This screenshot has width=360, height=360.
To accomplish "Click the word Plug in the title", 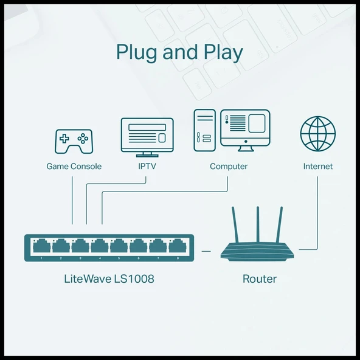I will (x=137, y=53).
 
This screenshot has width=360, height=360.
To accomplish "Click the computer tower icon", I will (x=204, y=130).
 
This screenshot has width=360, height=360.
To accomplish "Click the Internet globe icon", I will (x=317, y=133).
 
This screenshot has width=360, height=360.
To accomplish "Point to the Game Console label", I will (x=74, y=166).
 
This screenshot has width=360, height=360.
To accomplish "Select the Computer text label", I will (x=229, y=166).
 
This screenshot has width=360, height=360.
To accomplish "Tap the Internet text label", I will (x=318, y=166).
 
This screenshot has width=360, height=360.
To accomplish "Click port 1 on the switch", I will (x=41, y=246).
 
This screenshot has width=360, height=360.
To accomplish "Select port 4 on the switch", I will (x=100, y=246).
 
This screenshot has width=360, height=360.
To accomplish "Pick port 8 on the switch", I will (x=177, y=246).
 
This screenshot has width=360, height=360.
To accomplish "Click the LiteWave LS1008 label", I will (x=109, y=279).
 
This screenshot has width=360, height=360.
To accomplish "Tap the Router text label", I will (x=260, y=279).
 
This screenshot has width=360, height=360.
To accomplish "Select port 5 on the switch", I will (x=119, y=246).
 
